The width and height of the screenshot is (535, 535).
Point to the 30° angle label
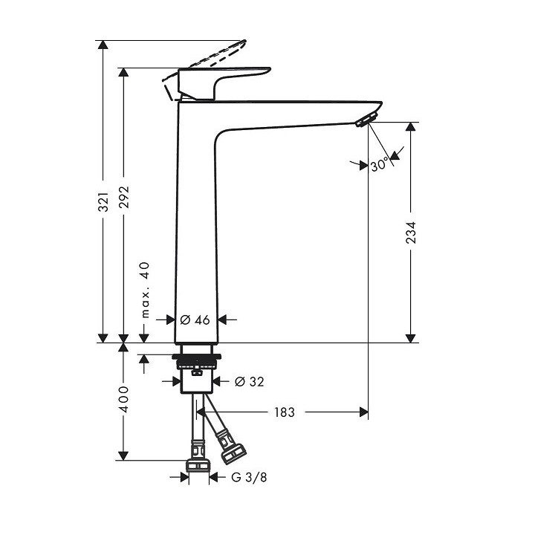click(x=379, y=165)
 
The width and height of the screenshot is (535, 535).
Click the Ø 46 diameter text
click(x=195, y=320)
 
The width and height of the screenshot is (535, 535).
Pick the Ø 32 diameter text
click(x=249, y=381)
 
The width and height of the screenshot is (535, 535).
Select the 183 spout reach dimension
click(x=284, y=412)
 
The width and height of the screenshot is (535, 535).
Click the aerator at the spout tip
click(x=367, y=119)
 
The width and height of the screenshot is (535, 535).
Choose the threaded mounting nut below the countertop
click(x=196, y=363)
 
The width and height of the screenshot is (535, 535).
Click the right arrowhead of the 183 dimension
click(x=363, y=412)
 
